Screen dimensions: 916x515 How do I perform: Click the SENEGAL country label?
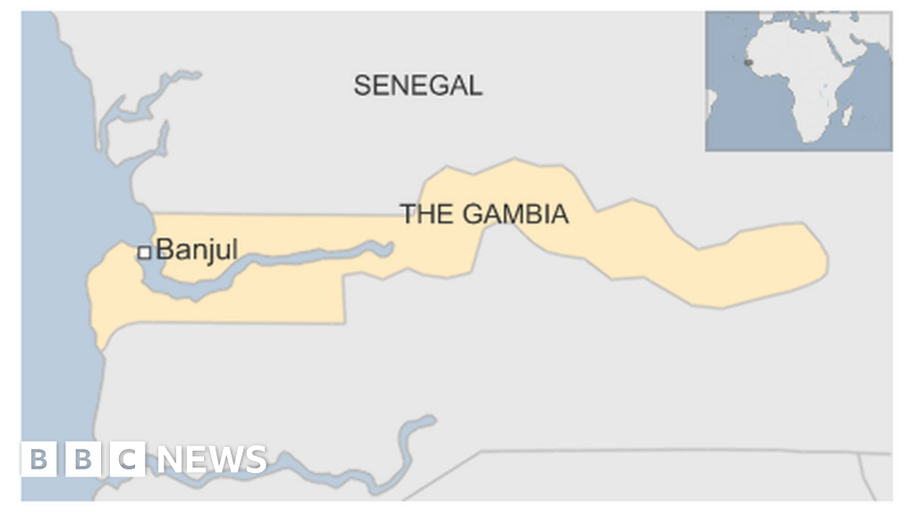point(418,85)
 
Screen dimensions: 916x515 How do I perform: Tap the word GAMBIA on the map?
point(515,215)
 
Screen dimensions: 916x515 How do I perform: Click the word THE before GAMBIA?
point(428,215)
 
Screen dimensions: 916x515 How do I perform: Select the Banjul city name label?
point(197,250)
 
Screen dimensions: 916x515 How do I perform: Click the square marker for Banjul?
point(143,253)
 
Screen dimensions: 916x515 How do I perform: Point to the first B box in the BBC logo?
point(38,460)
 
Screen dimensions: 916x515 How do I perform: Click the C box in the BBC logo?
point(128,460)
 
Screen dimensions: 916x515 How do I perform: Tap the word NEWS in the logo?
point(212,460)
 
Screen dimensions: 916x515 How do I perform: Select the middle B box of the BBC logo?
point(83,460)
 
